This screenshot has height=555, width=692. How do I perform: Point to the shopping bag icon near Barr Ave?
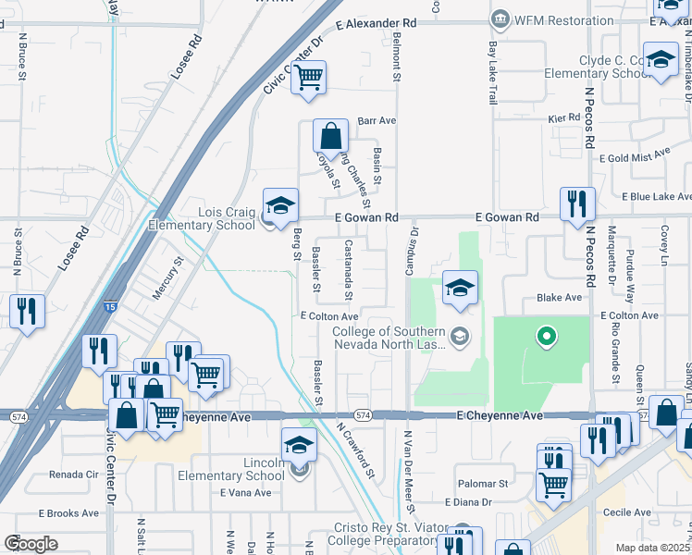[329, 137]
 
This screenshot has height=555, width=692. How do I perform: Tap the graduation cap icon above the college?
[459, 288]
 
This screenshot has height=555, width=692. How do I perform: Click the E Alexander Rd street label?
[377, 22]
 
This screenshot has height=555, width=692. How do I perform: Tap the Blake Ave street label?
[560, 298]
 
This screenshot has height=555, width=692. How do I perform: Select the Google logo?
[31, 544]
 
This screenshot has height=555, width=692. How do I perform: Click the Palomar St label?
[482, 484]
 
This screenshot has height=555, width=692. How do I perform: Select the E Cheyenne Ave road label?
[500, 417]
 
